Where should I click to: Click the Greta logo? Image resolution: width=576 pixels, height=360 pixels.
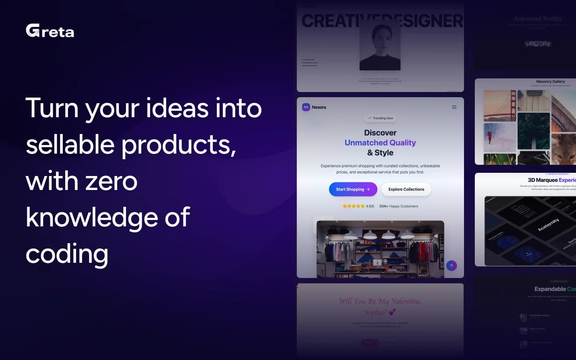click(x=50, y=31)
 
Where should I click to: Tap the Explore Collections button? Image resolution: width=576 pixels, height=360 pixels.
click(x=406, y=189)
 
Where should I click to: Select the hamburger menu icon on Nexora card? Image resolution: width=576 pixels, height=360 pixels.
click(x=454, y=107)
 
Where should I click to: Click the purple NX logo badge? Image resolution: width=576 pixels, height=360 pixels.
click(x=306, y=107)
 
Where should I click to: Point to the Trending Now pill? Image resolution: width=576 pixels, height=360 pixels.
click(x=380, y=118)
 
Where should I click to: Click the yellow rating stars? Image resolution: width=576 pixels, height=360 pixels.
click(x=353, y=206)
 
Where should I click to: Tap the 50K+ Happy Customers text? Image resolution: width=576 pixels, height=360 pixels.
click(x=398, y=206)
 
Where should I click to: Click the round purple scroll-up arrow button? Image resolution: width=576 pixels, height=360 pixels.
click(x=451, y=266)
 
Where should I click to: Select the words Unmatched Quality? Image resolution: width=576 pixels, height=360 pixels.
click(x=380, y=143)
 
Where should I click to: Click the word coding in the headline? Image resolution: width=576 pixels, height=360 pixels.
click(x=67, y=254)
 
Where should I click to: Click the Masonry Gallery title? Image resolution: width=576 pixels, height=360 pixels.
click(x=550, y=82)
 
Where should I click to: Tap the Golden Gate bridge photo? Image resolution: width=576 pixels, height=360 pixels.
click(x=500, y=106)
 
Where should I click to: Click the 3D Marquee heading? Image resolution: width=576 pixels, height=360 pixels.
click(x=551, y=180)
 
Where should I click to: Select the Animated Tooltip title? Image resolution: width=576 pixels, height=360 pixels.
click(x=537, y=19)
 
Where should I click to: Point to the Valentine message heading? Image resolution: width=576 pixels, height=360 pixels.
click(x=380, y=306)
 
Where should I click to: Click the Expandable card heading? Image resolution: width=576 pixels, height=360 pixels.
click(x=554, y=289)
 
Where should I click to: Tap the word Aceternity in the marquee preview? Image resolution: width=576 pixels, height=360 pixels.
click(x=548, y=225)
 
